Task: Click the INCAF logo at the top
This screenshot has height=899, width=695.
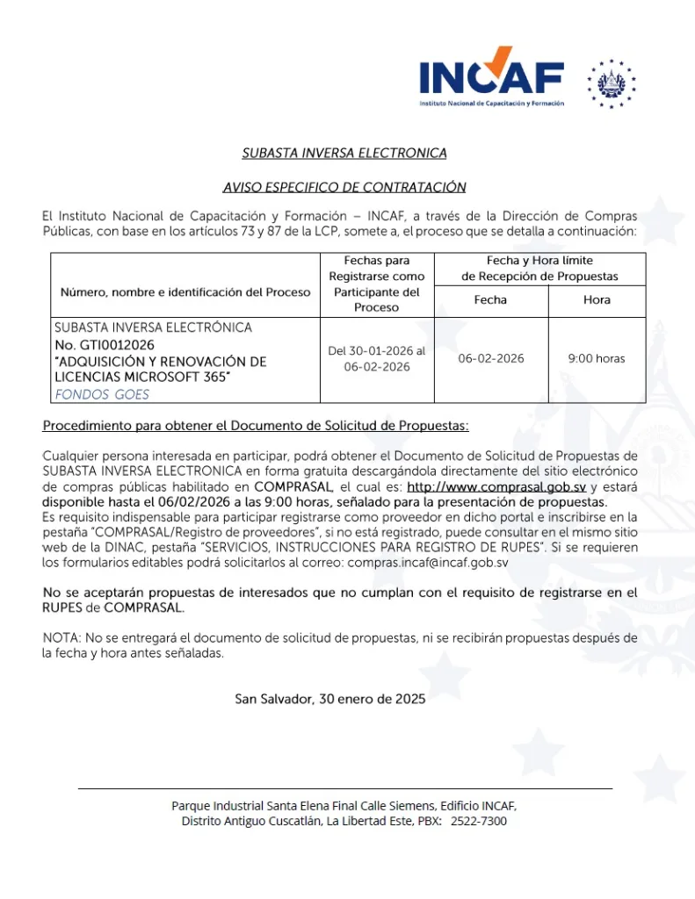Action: (491, 77)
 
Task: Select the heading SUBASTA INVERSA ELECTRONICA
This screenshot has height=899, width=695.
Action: (344, 154)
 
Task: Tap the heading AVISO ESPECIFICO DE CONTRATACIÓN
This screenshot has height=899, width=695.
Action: (344, 187)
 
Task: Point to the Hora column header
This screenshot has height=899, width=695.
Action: (597, 300)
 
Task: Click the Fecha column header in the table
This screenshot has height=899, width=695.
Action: (490, 300)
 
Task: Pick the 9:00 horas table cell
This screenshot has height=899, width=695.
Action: (597, 359)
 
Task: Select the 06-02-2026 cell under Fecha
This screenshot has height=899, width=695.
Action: (490, 359)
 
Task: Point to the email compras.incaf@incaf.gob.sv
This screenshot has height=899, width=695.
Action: (428, 561)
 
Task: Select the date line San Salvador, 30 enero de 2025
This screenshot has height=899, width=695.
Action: (330, 700)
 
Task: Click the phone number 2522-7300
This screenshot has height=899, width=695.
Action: (478, 821)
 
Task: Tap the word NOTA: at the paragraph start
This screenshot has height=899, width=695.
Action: (60, 637)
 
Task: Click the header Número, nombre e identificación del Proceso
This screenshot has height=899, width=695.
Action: (185, 291)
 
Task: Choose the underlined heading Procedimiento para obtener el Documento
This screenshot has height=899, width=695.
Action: (256, 427)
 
